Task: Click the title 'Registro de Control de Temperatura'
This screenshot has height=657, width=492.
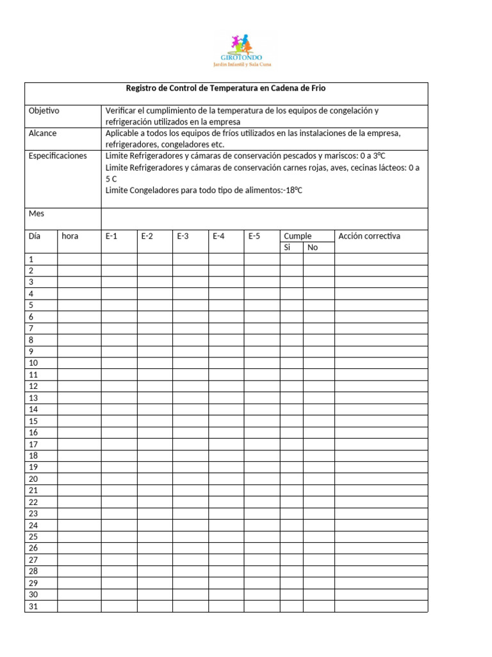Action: (226, 89)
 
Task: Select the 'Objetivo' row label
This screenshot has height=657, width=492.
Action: (44, 111)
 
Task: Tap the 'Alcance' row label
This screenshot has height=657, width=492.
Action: (43, 133)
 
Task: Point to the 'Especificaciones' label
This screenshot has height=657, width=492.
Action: (58, 156)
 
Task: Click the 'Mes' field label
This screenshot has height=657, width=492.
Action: (37, 213)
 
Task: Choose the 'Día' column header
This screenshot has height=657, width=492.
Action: (35, 236)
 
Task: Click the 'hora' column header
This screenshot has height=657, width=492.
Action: (70, 236)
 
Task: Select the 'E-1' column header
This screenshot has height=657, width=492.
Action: (111, 236)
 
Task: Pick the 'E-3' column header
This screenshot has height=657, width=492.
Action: (183, 236)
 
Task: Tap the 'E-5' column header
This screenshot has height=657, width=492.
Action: (254, 236)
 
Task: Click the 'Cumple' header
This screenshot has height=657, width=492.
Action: (298, 236)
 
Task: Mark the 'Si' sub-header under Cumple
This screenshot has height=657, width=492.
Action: (288, 248)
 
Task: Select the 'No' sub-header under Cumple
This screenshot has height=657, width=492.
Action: (313, 248)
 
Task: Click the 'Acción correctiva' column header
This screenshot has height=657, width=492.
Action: (369, 236)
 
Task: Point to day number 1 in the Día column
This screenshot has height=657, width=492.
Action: (31, 259)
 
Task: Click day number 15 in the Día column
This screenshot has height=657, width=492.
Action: (33, 421)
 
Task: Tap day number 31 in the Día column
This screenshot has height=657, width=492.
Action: (33, 606)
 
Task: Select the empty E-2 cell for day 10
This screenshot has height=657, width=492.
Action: (154, 363)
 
